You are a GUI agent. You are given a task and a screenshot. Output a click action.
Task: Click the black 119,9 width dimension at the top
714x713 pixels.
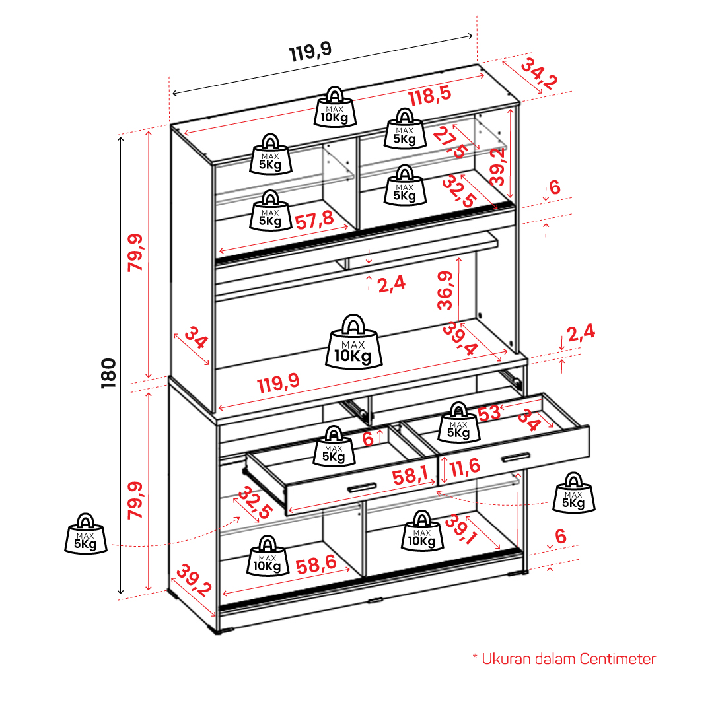tap(311, 51)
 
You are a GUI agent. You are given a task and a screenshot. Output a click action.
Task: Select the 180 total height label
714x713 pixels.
tap(109, 373)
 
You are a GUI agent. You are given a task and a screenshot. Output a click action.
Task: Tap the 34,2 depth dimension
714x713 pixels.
tap(539, 73)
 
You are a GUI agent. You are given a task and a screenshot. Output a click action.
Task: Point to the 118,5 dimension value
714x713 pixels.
tap(429, 96)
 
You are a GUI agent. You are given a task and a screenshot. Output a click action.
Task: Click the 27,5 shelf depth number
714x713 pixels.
tap(450, 142)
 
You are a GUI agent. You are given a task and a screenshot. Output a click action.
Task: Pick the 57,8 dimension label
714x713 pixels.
tap(314, 221)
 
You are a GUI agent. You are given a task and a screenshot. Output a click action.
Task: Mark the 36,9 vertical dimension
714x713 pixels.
tap(445, 290)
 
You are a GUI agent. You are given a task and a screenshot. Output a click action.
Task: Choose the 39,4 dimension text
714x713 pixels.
tap(460, 338)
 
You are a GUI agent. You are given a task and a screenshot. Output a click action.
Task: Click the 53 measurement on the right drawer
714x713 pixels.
tap(489, 413)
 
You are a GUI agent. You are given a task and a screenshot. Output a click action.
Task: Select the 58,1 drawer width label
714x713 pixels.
tap(410, 476)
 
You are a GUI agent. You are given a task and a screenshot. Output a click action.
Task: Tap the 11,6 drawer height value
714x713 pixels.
tap(465, 467)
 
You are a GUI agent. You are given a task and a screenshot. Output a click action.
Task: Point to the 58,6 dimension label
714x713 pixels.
tap(316, 564)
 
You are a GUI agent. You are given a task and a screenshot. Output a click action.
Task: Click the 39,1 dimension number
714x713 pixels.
tap(461, 529)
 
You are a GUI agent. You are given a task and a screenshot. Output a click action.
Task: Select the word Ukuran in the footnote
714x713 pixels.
tap(506, 659)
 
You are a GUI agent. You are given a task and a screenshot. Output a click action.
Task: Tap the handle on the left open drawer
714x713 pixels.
tap(362, 488)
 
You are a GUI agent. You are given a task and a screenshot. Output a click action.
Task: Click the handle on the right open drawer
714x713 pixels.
tap(515, 458)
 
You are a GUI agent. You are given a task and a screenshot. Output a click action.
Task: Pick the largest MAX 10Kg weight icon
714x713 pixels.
tap(353, 342)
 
